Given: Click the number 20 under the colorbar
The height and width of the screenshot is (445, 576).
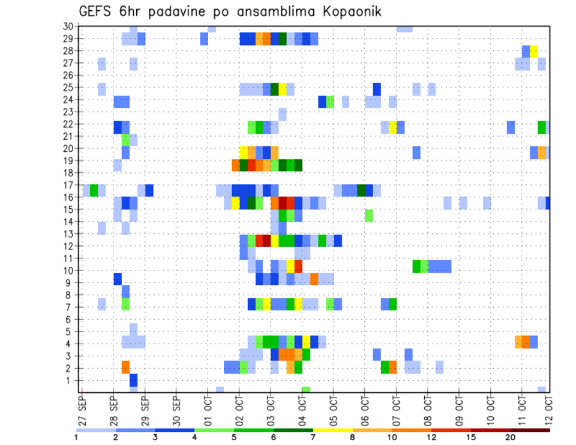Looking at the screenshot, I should pos(511,437).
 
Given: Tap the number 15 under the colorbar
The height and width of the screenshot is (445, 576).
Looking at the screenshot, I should pos(471,437).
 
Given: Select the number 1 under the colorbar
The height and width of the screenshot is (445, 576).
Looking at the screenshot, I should pos(76,437).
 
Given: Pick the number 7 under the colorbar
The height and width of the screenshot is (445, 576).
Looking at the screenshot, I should pos(313,437).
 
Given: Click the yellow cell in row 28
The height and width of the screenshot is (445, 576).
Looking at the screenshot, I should pos(534,50).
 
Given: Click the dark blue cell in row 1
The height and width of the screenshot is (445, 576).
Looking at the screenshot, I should pos(134,380).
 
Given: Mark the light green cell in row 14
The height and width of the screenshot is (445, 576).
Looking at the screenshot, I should pos(368,215).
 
